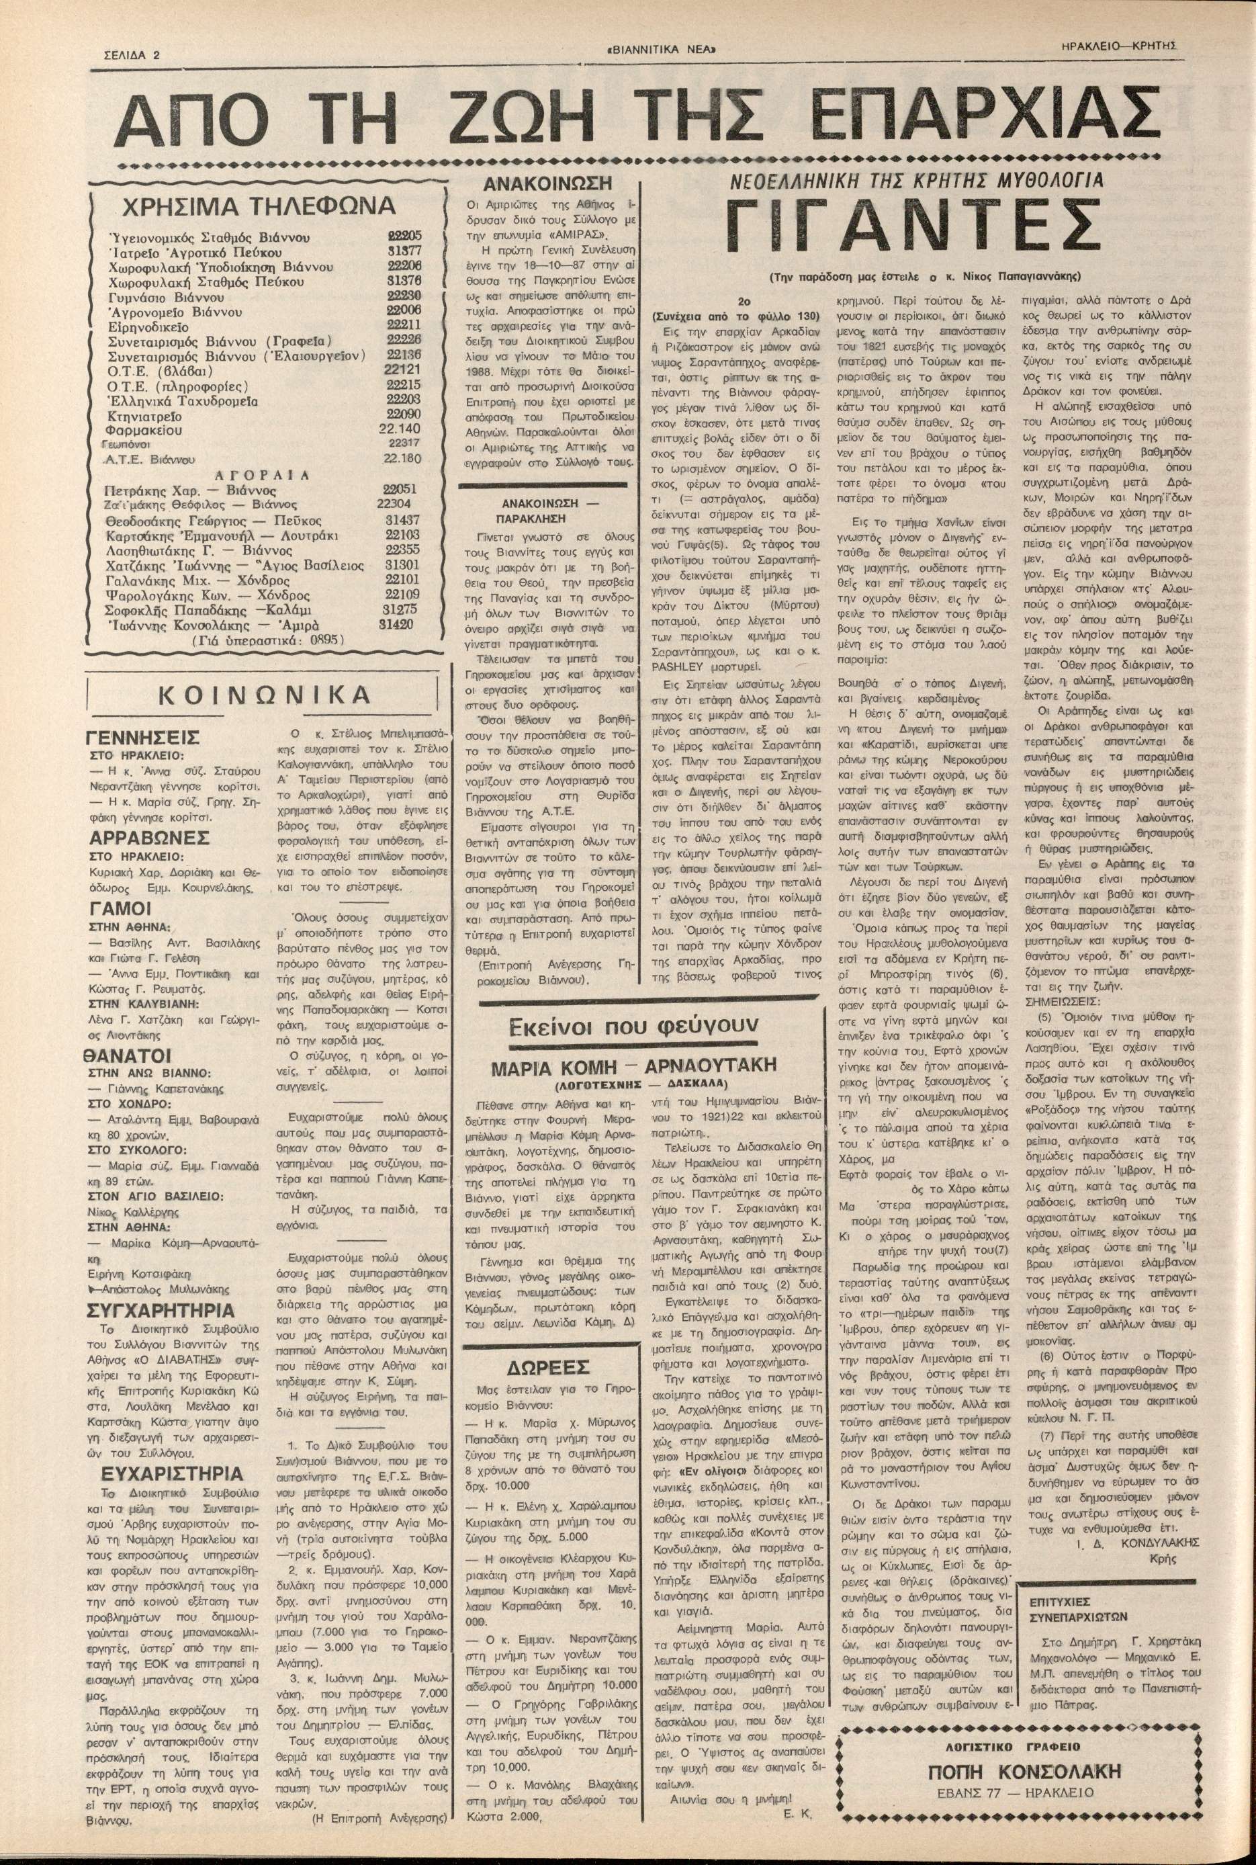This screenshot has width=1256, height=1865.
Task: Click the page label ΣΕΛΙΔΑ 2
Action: click(x=132, y=56)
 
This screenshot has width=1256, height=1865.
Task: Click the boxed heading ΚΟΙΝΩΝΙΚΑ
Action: click(x=265, y=694)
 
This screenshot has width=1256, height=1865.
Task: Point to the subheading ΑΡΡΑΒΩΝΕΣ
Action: click(x=150, y=838)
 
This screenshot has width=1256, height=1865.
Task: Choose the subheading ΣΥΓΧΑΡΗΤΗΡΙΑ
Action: click(x=161, y=1311)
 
